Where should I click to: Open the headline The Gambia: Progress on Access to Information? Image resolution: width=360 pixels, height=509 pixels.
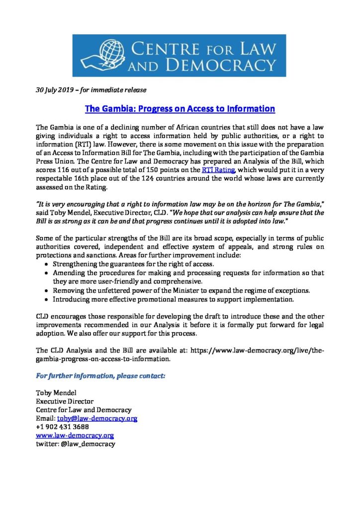click(180, 108)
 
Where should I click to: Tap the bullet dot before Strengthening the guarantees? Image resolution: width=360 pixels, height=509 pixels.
click(47, 264)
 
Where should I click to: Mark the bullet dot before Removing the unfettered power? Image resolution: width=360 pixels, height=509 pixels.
click(47, 290)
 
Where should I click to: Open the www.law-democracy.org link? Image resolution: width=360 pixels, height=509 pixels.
click(75, 435)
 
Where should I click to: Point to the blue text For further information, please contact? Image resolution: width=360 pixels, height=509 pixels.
click(101, 376)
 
